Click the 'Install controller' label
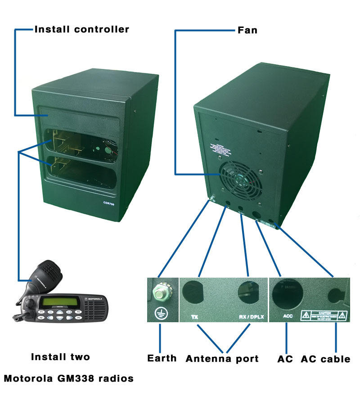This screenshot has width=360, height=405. pyautogui.click(x=82, y=30)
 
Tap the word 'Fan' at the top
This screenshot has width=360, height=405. pyautogui.click(x=247, y=31)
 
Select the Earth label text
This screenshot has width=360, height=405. pyautogui.click(x=162, y=358)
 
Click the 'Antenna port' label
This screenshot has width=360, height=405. pyautogui.click(x=222, y=359)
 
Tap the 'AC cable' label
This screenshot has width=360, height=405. pyautogui.click(x=325, y=359)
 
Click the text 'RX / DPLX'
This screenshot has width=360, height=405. pyautogui.click(x=252, y=317)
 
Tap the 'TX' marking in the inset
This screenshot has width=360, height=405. pyautogui.click(x=194, y=317)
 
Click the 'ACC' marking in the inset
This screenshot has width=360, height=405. pyautogui.click(x=288, y=316)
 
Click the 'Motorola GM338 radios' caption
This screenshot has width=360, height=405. pyautogui.click(x=69, y=378)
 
